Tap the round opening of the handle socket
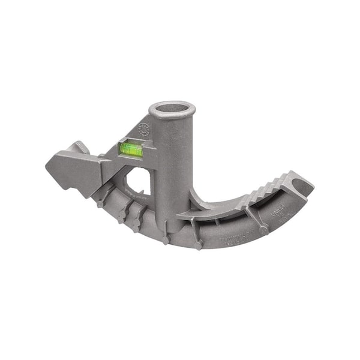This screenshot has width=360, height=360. (x=172, y=110)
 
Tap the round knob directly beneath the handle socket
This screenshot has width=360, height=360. (x=166, y=239)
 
